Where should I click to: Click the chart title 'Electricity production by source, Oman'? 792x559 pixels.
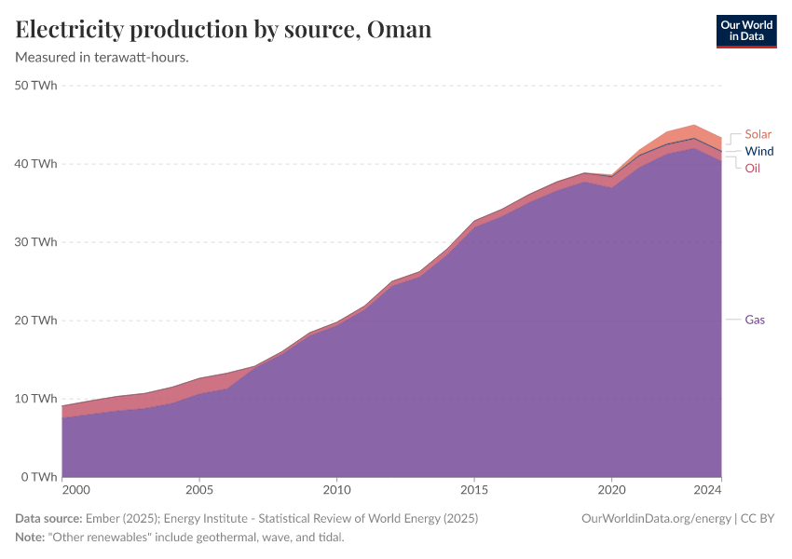click(x=224, y=30)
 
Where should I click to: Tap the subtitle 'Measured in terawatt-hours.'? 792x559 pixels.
click(x=102, y=58)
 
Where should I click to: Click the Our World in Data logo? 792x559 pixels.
click(x=745, y=30)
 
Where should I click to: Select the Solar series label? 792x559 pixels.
click(x=758, y=134)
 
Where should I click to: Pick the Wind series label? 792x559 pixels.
click(x=758, y=151)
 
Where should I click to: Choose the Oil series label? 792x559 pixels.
click(x=752, y=168)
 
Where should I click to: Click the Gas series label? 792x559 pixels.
click(x=755, y=320)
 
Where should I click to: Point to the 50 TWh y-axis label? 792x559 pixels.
click(x=36, y=86)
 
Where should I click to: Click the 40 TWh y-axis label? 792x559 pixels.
click(x=36, y=164)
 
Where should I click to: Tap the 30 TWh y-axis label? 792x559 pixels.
click(x=36, y=242)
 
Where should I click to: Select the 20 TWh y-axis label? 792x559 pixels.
click(x=36, y=320)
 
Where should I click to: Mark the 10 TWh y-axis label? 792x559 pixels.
click(x=36, y=399)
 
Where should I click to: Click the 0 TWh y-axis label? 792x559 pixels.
click(x=40, y=477)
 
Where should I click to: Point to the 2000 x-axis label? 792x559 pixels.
click(x=76, y=490)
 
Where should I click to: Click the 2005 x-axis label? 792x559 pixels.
click(x=199, y=490)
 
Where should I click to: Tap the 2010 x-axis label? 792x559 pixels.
click(x=336, y=490)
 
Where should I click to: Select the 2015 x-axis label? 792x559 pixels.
click(x=474, y=490)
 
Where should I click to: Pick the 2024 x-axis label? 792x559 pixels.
click(x=708, y=490)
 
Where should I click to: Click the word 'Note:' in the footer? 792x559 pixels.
click(x=32, y=538)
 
